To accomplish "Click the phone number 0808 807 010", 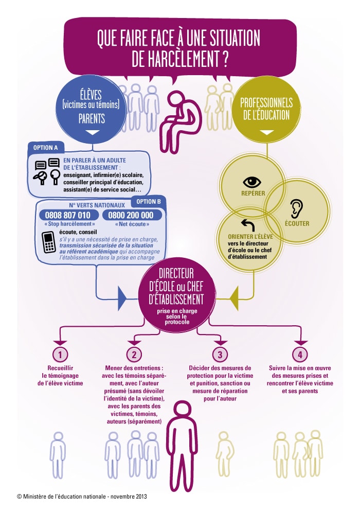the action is (67, 215).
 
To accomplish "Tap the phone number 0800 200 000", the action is (131, 215).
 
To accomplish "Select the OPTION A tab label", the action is (45, 148).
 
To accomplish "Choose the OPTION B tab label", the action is (149, 202).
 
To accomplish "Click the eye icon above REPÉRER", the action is (252, 182).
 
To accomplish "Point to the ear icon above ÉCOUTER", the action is (296, 208).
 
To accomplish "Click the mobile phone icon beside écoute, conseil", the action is (49, 242).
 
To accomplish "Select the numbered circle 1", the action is (60, 354).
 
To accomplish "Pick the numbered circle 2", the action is (134, 354).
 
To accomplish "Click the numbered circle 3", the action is (220, 354).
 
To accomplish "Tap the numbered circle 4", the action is (300, 354).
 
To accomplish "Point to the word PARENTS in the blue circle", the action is (92, 118).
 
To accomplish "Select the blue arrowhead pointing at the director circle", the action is (122, 298).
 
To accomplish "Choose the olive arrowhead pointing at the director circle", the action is (233, 298).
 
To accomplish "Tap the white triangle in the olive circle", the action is (267, 132).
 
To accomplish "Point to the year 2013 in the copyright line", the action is (141, 497).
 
